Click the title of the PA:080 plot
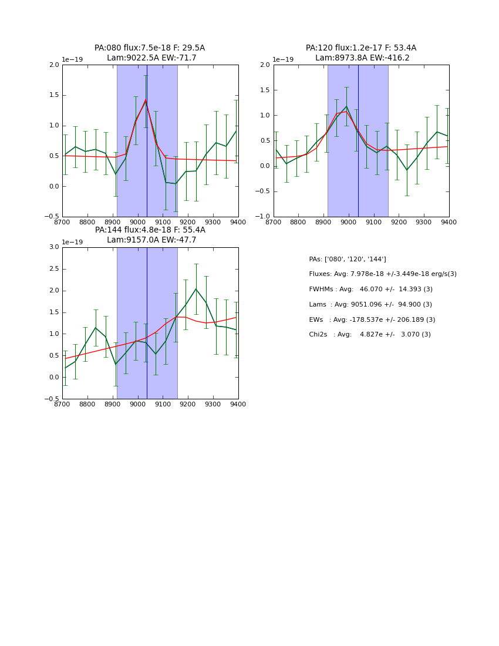click(150, 48)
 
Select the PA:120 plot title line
click(360, 48)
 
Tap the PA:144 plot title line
click(150, 230)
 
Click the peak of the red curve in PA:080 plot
click(146, 100)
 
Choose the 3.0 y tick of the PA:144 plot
click(54, 247)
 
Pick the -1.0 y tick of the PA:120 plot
click(264, 217)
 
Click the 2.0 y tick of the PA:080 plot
click(54, 65)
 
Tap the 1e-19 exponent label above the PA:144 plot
click(72, 242)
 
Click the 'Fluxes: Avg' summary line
click(382, 274)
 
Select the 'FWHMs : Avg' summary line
click(370, 290)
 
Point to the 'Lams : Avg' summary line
click(370, 305)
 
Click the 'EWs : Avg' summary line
click(372, 320)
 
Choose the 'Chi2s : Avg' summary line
click(370, 335)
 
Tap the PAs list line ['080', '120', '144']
click(348, 260)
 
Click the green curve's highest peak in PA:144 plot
click(196, 289)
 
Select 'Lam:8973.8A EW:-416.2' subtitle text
click(360, 58)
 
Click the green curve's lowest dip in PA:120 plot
click(407, 170)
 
